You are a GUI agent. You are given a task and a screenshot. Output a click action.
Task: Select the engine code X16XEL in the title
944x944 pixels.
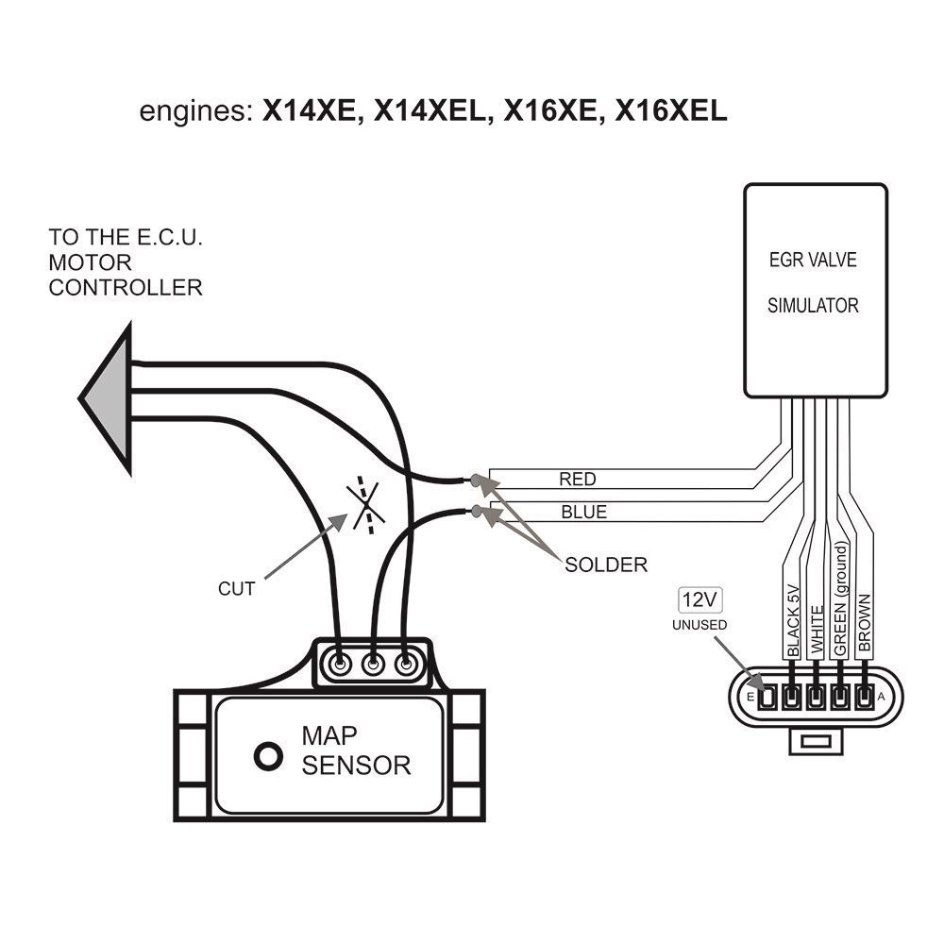[671, 111]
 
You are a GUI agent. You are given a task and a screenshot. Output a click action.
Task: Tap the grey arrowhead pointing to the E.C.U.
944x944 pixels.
[105, 397]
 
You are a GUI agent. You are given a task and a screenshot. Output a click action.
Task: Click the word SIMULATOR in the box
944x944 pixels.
[813, 306]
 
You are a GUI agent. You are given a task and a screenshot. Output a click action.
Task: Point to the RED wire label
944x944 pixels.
[578, 480]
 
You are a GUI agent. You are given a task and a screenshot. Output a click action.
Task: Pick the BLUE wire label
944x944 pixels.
[583, 514]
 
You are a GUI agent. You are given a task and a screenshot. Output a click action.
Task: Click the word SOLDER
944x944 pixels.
[606, 565]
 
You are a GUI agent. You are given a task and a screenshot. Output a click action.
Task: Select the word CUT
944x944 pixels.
[236, 589]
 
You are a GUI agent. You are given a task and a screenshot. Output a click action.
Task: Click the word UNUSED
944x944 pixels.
[699, 625]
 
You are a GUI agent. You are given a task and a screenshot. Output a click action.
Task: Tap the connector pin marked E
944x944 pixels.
[767, 698]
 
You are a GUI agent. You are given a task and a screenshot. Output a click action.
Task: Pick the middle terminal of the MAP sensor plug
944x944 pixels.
[373, 664]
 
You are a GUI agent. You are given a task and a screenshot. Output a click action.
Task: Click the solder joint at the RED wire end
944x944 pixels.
[473, 481]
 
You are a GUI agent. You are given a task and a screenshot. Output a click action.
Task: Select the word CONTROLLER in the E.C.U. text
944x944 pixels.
[126, 287]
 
